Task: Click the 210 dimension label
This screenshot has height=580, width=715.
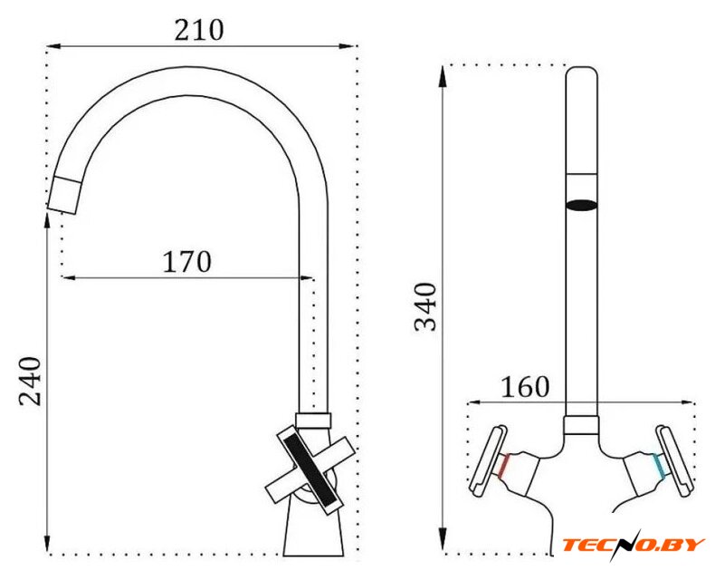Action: point(199,30)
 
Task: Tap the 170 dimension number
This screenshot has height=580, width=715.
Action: point(187,261)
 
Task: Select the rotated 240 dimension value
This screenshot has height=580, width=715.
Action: point(30,382)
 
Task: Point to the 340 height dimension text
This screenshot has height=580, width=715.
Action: point(425,306)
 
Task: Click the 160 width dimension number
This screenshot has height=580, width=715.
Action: point(525,387)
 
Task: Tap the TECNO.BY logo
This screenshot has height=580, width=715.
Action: point(634,544)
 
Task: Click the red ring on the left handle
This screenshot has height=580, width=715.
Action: point(503,467)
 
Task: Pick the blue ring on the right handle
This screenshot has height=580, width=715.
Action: point(659,466)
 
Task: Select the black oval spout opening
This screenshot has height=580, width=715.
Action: point(581,205)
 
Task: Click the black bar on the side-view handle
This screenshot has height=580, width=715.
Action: point(310,470)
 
